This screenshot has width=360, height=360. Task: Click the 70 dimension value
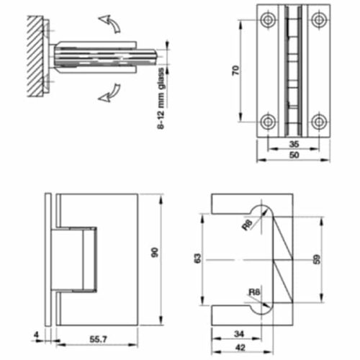tap(236, 72)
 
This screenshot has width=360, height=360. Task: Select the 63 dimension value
tap(199, 258)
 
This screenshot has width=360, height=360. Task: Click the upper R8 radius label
tap(247, 225)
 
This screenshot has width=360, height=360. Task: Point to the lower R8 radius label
tap(253, 292)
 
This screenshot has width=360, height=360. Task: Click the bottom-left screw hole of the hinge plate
tap(268, 122)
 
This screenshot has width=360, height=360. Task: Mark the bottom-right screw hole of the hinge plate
tap(318, 122)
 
